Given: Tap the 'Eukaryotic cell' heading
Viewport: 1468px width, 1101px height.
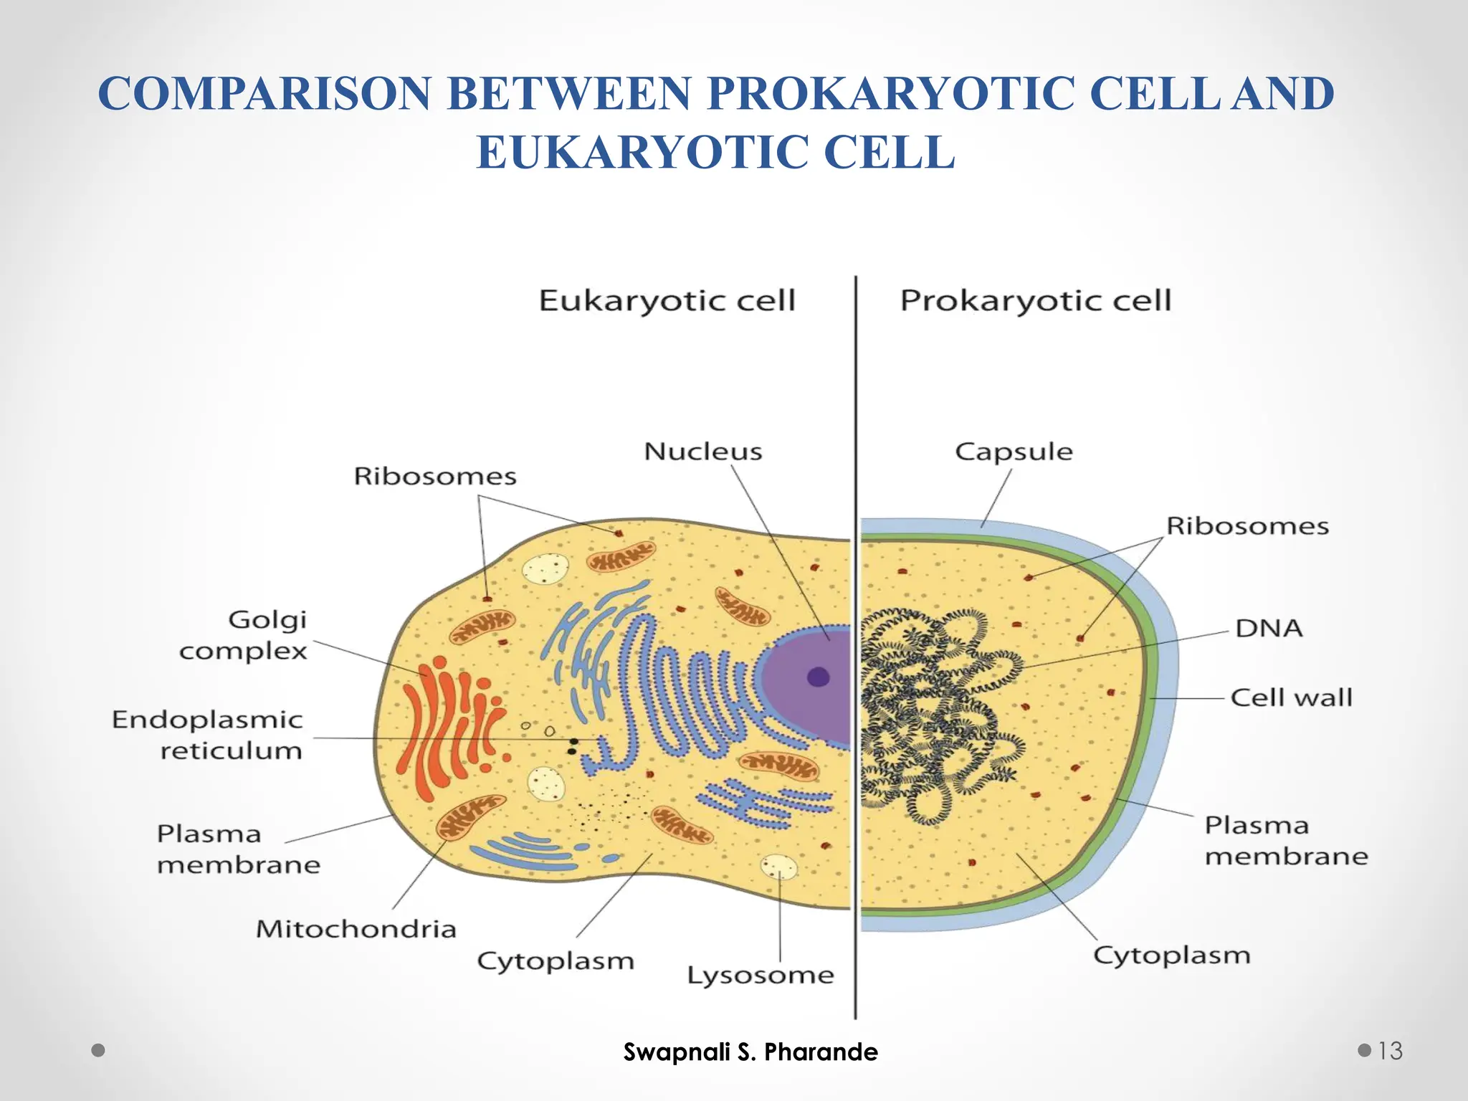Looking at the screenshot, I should coord(667,300).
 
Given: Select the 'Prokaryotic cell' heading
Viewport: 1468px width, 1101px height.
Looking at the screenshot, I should coord(1035,300).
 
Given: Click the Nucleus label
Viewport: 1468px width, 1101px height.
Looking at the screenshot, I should coord(702,452).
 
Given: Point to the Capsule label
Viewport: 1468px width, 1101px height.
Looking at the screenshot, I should coord(1014,452).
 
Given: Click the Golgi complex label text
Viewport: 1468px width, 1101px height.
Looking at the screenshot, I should coord(244,635).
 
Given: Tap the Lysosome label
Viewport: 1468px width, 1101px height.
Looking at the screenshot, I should coord(761,976).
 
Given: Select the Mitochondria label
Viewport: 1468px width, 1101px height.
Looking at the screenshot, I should coord(356,929).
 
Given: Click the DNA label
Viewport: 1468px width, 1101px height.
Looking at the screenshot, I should coord(1268,629).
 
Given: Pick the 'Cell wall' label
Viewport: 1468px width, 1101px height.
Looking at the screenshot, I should coord(1291,697).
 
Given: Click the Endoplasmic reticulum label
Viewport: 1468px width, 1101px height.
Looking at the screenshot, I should coord(208,735).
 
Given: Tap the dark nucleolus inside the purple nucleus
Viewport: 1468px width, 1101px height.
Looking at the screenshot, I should coord(818,677).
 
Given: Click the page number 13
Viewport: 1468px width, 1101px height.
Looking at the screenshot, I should coord(1389,1051).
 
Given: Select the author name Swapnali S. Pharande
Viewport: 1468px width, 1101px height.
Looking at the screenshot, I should coord(750,1052).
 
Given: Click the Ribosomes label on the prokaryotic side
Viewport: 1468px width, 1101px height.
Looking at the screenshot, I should coord(1247,526).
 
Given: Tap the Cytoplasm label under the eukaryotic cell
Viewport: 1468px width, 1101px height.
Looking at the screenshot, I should coord(556,961).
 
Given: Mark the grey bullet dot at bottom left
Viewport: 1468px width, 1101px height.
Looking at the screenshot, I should coord(99,1050).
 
